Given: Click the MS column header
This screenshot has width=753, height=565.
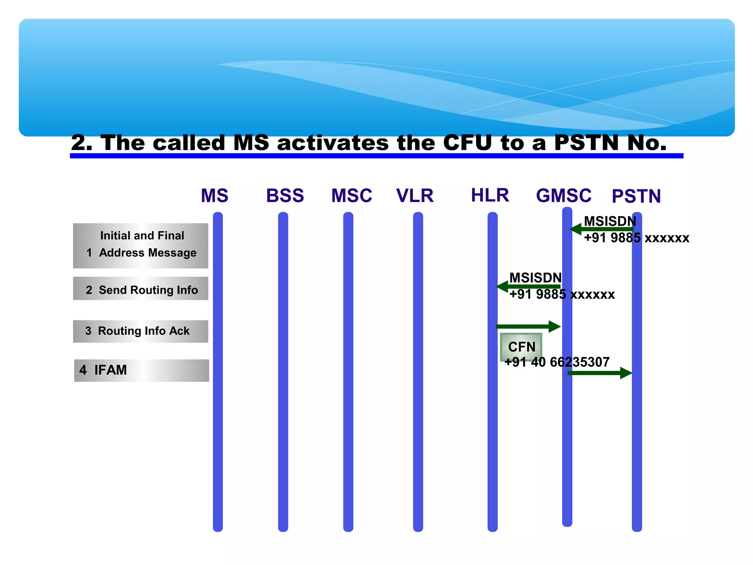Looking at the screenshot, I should pyautogui.click(x=214, y=196).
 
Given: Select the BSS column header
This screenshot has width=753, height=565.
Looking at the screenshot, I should pyautogui.click(x=285, y=196).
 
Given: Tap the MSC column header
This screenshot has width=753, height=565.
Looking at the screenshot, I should pyautogui.click(x=351, y=196).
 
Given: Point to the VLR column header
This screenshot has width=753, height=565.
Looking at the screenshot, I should pyautogui.click(x=415, y=196).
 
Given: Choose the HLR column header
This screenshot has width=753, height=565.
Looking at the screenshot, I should pyautogui.click(x=490, y=195).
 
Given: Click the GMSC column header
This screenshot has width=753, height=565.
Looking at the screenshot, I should pyautogui.click(x=564, y=196).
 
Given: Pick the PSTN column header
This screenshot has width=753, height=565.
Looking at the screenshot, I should pyautogui.click(x=636, y=196).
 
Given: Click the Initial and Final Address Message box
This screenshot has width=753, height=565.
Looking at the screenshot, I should pyautogui.click(x=140, y=245).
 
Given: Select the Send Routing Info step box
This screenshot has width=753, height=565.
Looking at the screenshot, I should pyautogui.click(x=140, y=289).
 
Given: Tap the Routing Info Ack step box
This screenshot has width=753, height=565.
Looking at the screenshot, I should pyautogui.click(x=140, y=331).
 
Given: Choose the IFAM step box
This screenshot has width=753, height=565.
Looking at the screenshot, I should pyautogui.click(x=142, y=370).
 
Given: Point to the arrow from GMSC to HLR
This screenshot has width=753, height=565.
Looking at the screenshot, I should pyautogui.click(x=528, y=286).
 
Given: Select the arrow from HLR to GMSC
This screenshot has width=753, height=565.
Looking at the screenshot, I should pyautogui.click(x=528, y=326).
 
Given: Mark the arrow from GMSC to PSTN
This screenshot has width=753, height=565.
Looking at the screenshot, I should pyautogui.click(x=599, y=373).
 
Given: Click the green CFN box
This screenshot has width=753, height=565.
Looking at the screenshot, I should pyautogui.click(x=521, y=346).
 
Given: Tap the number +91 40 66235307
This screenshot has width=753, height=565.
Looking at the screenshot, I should pyautogui.click(x=557, y=362).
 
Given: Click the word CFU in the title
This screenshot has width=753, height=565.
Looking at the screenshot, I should pyautogui.click(x=467, y=143).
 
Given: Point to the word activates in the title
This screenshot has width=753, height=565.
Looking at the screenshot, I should pyautogui.click(x=332, y=143).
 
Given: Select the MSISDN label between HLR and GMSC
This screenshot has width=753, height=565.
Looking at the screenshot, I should pyautogui.click(x=535, y=278).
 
